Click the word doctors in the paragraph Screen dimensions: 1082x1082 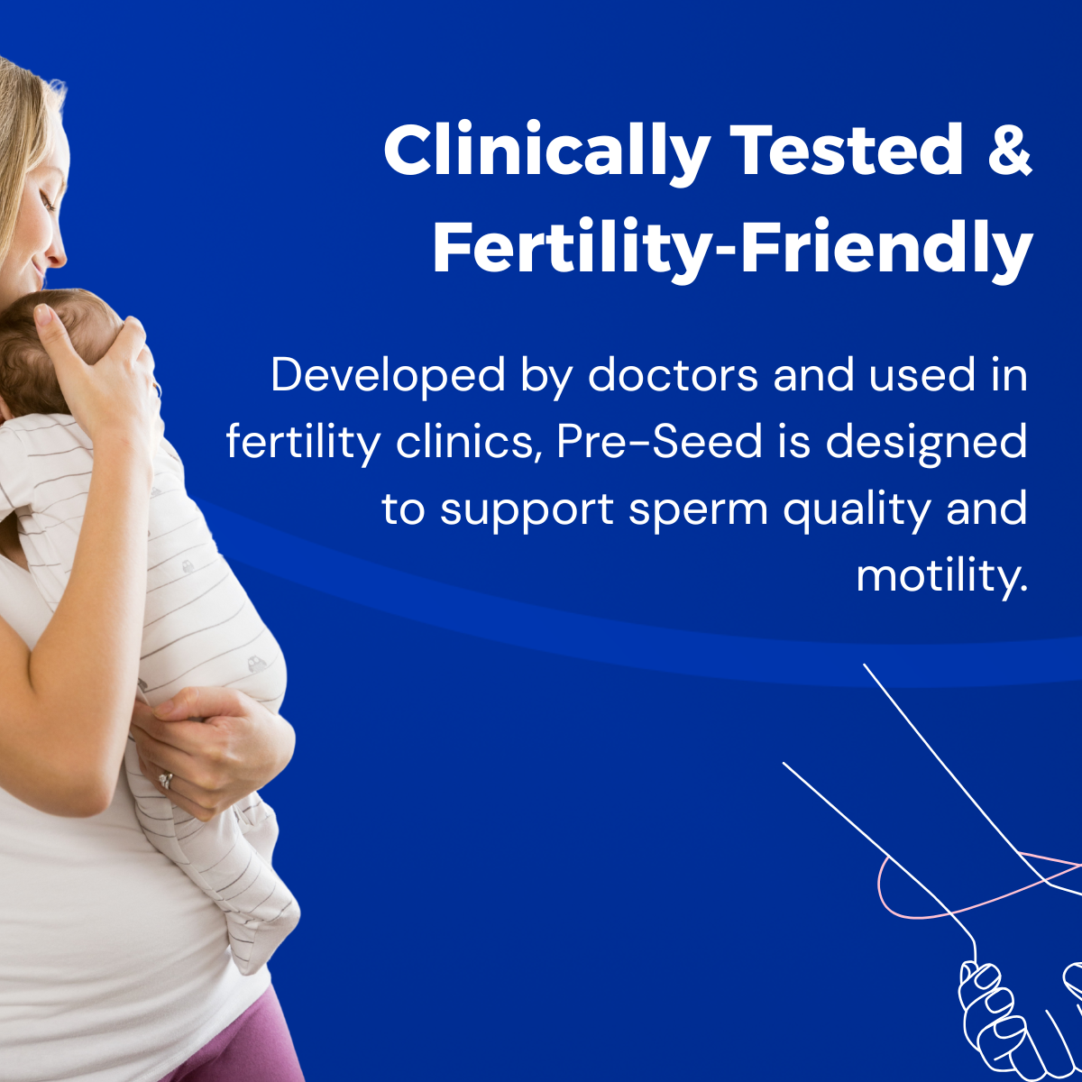(674, 374)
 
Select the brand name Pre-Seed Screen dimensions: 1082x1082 (660, 441)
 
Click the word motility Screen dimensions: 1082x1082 (941, 577)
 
